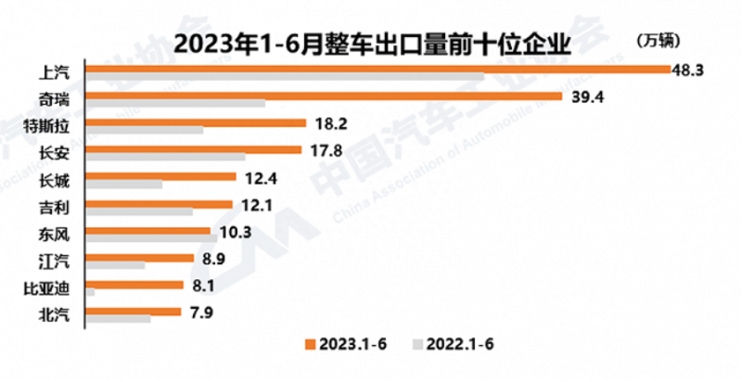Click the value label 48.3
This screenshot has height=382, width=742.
(692, 69)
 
